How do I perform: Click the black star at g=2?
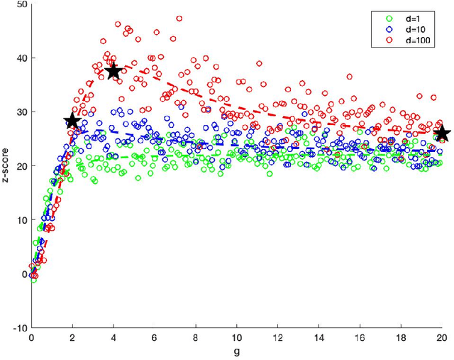pos(72,121)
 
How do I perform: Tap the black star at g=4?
pos(112,70)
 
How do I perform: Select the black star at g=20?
pos(441,133)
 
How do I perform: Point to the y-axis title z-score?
pos(6,165)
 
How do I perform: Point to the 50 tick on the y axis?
pos(21,4)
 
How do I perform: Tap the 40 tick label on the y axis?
pos(21,58)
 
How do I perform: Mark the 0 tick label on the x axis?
pos(31,338)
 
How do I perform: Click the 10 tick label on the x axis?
pos(236,338)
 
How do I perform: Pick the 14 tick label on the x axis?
pos(318,338)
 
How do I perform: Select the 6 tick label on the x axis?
pos(154,338)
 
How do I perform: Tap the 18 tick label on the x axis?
pos(399,338)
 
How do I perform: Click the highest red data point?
pos(179,18)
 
